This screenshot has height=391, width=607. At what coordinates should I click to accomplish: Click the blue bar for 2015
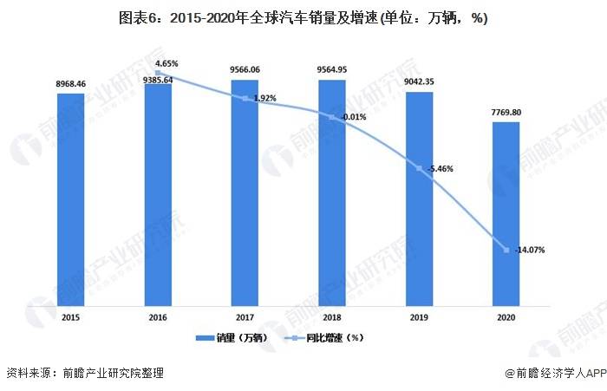point(71,199)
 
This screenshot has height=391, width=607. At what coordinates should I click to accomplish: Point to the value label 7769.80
point(506,113)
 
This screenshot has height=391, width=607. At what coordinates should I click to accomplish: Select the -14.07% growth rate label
point(529,251)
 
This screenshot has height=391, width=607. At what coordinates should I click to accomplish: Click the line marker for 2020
point(506,251)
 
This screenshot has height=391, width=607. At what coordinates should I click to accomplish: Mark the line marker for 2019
point(419,168)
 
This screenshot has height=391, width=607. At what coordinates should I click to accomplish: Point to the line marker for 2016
point(158,73)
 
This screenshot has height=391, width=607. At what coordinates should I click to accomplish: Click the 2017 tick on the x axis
point(245,318)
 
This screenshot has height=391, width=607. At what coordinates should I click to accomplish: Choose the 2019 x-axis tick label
point(419,318)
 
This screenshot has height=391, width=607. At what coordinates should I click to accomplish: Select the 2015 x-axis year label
point(71,318)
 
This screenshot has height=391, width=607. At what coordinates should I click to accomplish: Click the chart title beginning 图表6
point(303,18)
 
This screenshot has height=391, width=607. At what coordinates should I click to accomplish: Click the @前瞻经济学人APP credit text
point(554,374)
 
